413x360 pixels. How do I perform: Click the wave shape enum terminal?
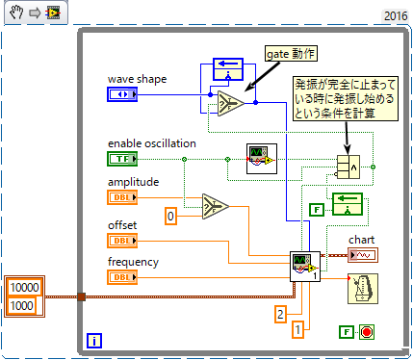coord(122,94)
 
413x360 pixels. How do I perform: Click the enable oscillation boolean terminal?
coord(122,158)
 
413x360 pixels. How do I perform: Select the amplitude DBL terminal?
coord(122,196)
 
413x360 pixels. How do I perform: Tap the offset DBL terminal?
coord(122,240)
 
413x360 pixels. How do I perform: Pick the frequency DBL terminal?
coord(122,277)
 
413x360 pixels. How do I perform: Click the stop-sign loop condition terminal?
coord(366,331)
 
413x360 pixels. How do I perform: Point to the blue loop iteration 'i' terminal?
coord(94,340)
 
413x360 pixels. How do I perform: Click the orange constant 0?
coord(170,217)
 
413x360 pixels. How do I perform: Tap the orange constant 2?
coord(280,313)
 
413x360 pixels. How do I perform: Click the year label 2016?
coord(395,15)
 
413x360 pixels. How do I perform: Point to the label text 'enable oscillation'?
coord(152,142)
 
